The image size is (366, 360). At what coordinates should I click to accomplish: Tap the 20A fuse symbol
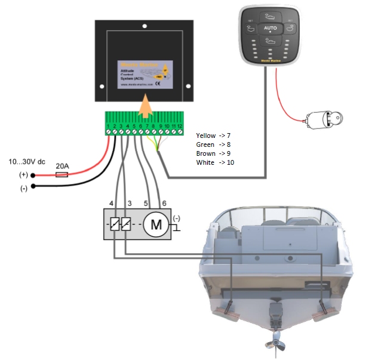pos(61,176)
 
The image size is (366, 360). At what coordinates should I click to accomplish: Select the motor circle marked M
pos(156,224)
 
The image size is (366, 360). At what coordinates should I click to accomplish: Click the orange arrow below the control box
pos(144,107)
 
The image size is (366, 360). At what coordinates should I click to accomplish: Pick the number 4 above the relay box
pos(111,204)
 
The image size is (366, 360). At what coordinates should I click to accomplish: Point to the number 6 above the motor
pos(164,204)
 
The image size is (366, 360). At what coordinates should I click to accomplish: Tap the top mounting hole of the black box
pos(144,26)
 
